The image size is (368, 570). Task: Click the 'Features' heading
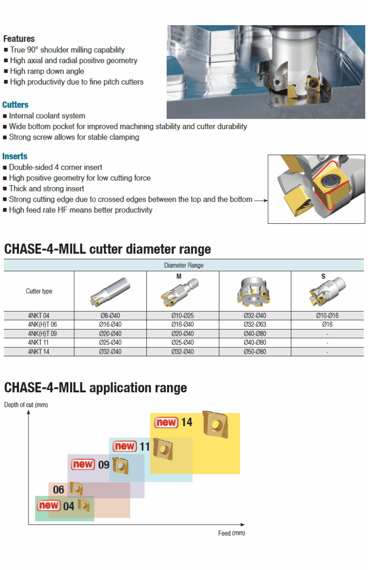coord(19,39)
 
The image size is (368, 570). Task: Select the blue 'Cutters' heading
coord(16,104)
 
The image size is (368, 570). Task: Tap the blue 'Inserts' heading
coord(15,156)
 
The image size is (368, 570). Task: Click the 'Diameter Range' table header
coord(183,265)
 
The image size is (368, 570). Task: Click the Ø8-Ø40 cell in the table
coord(110,315)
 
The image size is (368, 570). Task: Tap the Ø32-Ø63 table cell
coord(255,324)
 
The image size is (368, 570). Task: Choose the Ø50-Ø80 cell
coord(255,351)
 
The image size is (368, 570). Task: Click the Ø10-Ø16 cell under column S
coord(327,315)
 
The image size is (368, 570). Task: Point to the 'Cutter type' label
coord(39,291)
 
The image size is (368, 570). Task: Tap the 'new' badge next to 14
coord(166,422)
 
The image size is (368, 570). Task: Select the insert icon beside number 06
coord(76,488)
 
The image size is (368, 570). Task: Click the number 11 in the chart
coord(144,446)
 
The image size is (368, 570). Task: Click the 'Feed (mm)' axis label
coord(231,533)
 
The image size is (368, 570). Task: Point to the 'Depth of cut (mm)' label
coord(26,405)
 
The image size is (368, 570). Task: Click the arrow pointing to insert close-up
coord(261,200)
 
